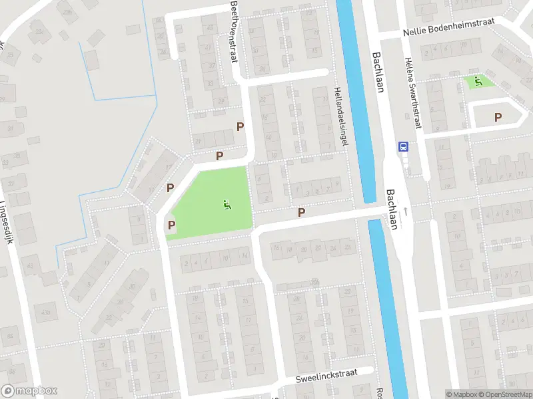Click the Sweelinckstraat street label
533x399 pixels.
(x=327, y=376)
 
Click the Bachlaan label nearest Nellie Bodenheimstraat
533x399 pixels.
(x=378, y=72)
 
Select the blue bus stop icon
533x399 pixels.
(x=402, y=146)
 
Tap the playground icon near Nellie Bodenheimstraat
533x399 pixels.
(x=478, y=82)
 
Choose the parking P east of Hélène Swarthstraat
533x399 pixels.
(x=498, y=117)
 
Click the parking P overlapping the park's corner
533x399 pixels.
(x=172, y=225)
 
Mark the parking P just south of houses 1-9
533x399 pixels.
(x=301, y=212)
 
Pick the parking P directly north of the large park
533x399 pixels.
(x=219, y=156)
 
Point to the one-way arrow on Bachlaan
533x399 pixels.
(x=404, y=212)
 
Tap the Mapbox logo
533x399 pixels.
(x=29, y=391)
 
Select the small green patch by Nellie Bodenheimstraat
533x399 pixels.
(x=479, y=82)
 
